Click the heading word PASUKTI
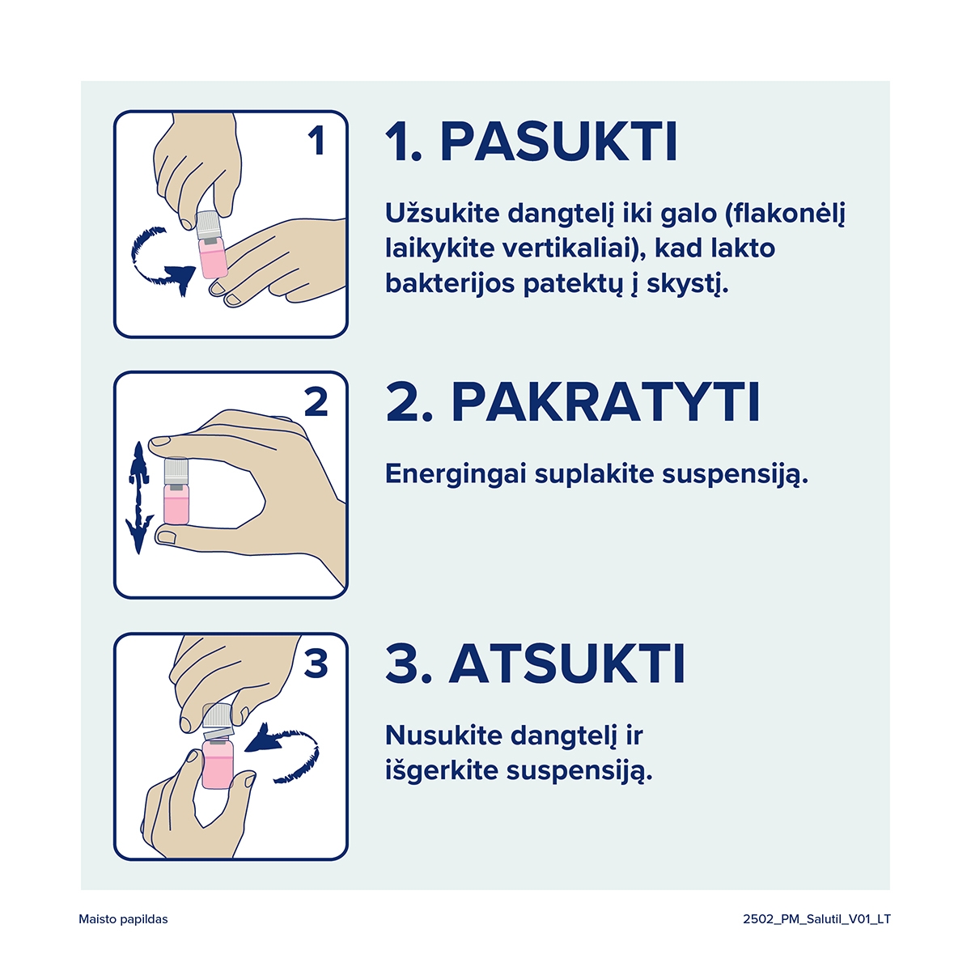[558, 142]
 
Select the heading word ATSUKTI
[567, 664]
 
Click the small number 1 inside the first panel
[316, 141]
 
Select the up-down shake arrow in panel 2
[139, 498]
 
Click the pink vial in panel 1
[214, 257]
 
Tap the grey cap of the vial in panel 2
[176, 472]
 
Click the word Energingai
[456, 475]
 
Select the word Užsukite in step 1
[442, 214]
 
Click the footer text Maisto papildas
[123, 919]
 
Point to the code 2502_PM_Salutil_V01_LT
[816, 919]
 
